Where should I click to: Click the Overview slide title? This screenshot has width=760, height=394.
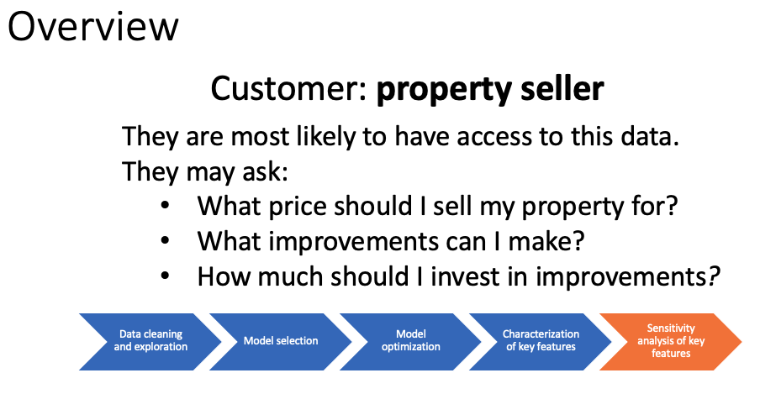tap(93, 27)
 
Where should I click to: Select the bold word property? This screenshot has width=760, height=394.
tap(443, 91)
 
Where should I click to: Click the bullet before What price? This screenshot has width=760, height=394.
tap(165, 206)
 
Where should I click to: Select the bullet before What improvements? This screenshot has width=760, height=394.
tap(165, 241)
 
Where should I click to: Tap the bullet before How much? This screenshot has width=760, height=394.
tap(165, 276)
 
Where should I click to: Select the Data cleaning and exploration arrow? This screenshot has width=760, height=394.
tap(150, 342)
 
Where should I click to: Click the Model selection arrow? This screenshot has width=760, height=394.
tap(281, 342)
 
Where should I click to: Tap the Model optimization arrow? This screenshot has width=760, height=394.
tap(411, 342)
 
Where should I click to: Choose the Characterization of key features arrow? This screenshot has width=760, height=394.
tap(541, 342)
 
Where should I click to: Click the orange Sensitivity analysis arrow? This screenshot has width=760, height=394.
tap(671, 342)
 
